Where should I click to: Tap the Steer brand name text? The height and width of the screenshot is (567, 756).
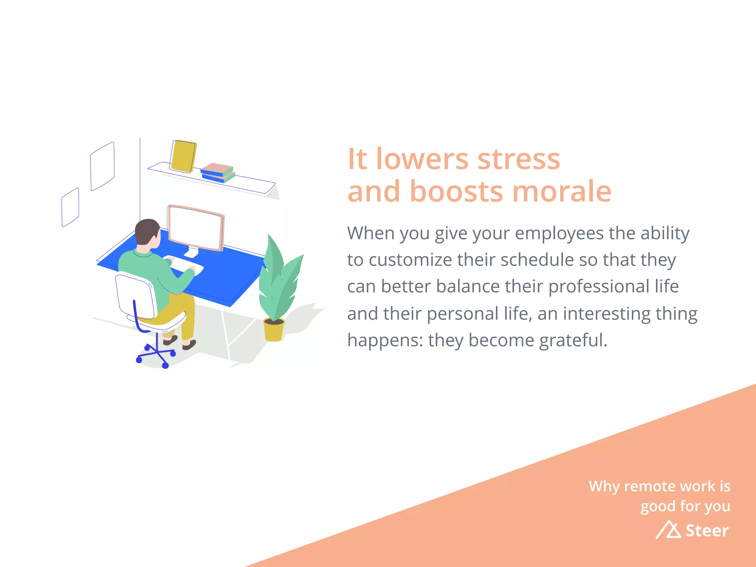[707, 531]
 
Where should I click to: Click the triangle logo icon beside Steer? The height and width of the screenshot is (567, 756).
[669, 530]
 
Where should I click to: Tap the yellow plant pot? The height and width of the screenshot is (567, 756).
[274, 330]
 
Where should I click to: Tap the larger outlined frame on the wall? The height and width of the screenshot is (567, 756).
[102, 166]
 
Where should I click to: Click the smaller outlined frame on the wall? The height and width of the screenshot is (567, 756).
[70, 207]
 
